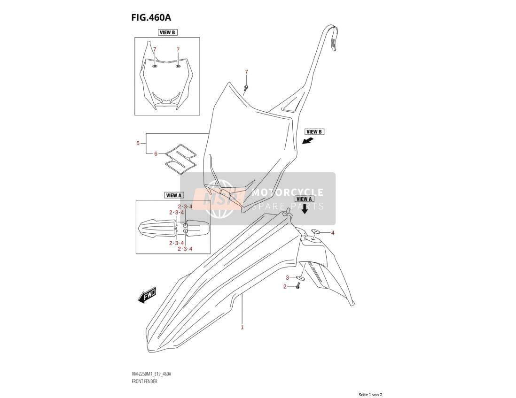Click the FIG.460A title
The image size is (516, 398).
pos(151,17)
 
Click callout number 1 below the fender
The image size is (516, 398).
pos(242,327)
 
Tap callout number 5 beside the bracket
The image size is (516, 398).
pos(138,143)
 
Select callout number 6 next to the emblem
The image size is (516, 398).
pos(156,153)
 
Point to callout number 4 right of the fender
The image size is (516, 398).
pos(333,233)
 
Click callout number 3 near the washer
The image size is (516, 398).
pos(287,278)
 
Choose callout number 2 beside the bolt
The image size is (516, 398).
pos(285,287)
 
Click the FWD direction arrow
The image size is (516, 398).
pos(147,296)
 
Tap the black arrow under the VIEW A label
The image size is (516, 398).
pos(305,209)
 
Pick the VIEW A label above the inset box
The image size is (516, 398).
pos(174,195)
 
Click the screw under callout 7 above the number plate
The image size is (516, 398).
pos(246,87)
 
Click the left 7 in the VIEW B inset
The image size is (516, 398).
pos(155,49)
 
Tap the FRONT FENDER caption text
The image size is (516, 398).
pos(144,381)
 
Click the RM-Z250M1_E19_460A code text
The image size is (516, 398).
pos(151,374)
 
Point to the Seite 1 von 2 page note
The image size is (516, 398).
pos(370,395)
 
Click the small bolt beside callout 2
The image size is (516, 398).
pos(298,286)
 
